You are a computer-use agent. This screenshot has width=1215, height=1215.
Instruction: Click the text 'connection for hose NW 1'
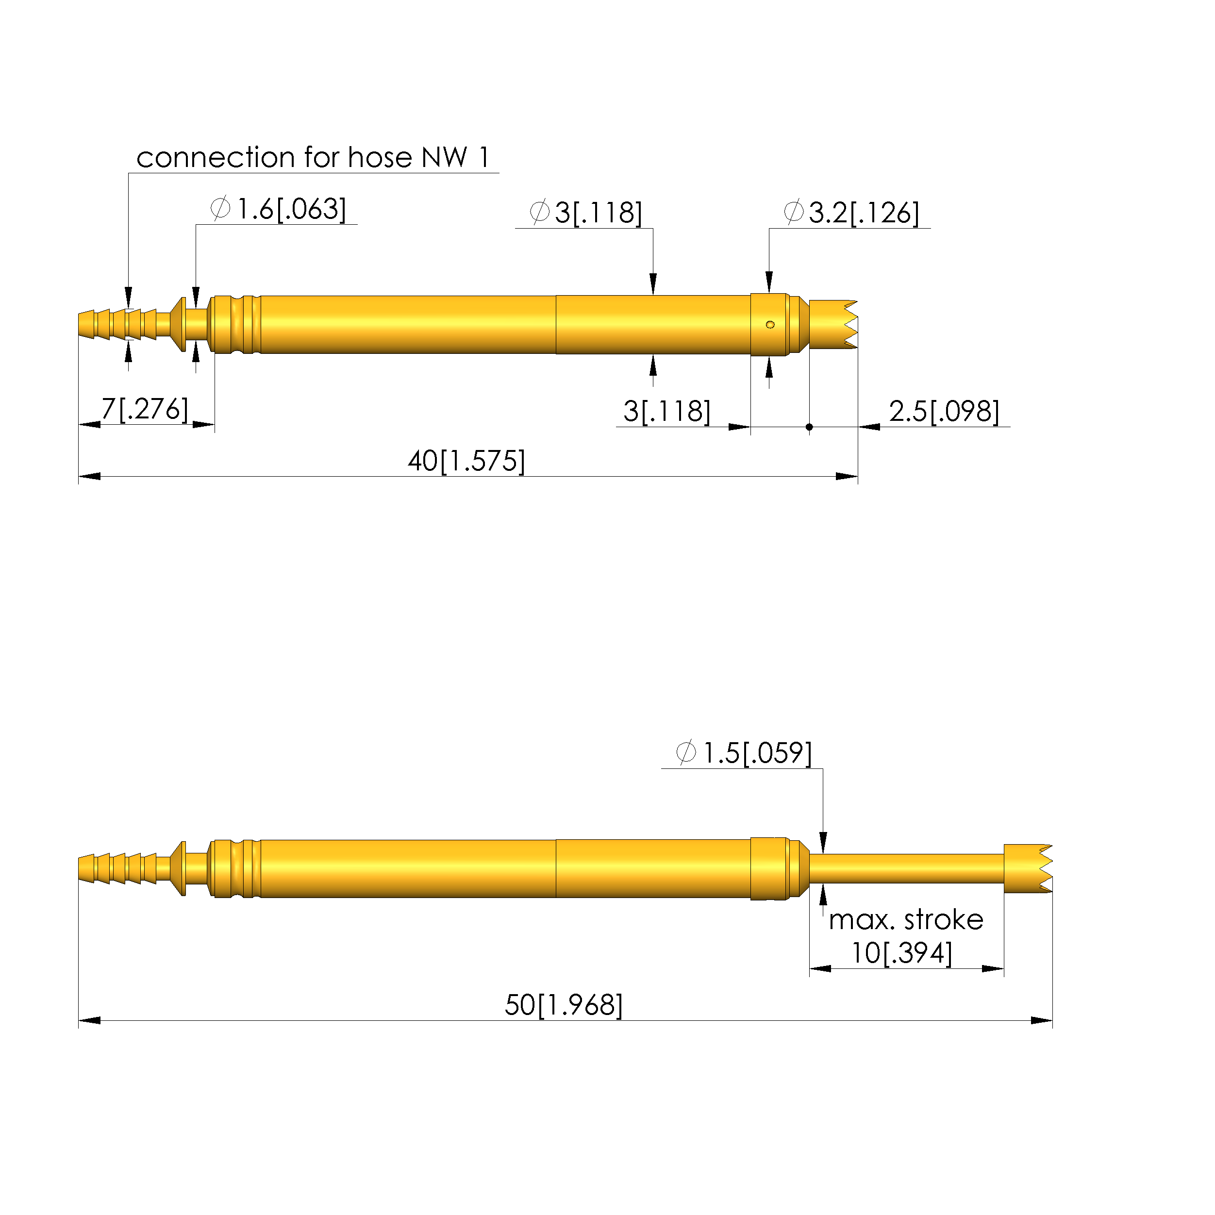[313, 157]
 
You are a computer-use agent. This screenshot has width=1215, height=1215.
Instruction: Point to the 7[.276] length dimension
[145, 409]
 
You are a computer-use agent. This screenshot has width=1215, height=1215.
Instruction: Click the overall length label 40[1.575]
[466, 461]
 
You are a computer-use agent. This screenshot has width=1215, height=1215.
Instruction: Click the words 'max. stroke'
[906, 920]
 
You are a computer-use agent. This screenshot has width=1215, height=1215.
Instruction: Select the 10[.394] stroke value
[901, 953]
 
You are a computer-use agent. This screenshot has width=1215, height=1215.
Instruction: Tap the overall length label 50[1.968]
[564, 1005]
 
